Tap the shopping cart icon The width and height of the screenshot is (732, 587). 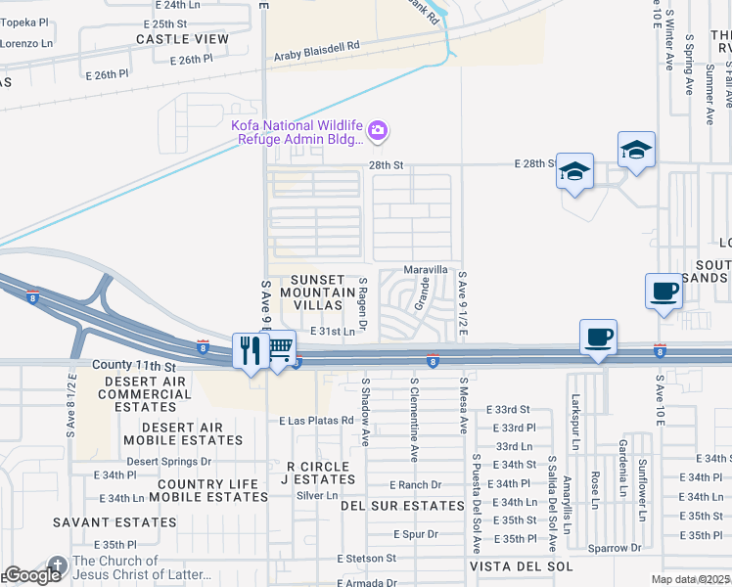tap(280, 347)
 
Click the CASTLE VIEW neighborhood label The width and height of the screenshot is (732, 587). tap(182, 39)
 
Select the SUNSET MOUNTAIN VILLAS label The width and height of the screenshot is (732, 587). tap(317, 293)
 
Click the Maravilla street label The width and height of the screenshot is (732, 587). tap(426, 269)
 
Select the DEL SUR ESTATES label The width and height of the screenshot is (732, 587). tap(401, 506)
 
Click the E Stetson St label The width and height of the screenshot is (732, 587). tap(366, 559)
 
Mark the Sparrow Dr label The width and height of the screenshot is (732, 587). tap(615, 548)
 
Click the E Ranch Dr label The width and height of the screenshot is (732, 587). tap(415, 484)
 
